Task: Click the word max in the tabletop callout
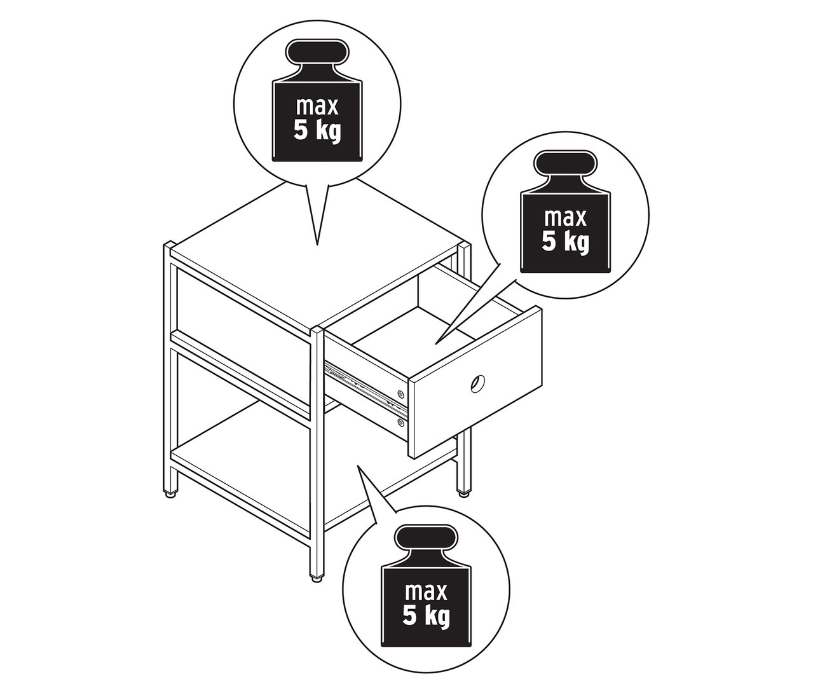(x=317, y=107)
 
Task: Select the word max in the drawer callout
(x=565, y=217)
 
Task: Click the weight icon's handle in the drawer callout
(x=565, y=161)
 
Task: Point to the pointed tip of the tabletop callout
(x=317, y=245)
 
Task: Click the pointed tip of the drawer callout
(x=436, y=344)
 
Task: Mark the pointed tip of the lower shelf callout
(x=357, y=465)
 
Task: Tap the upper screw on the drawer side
(x=400, y=394)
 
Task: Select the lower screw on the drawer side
(x=400, y=423)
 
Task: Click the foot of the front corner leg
(x=316, y=579)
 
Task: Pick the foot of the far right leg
(x=464, y=494)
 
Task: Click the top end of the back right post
(x=465, y=244)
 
